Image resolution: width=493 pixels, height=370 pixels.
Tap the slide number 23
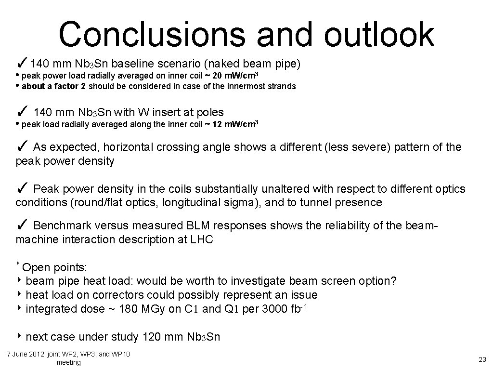(482, 359)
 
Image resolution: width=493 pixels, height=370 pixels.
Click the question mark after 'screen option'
(393, 281)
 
